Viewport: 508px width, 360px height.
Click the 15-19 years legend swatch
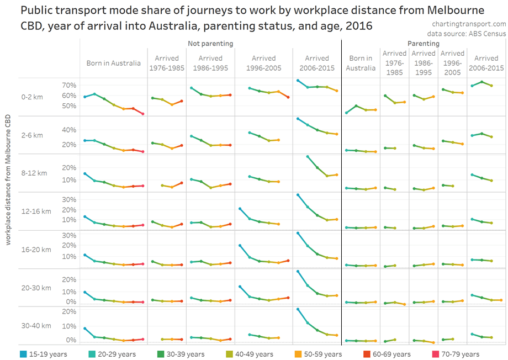(23, 354)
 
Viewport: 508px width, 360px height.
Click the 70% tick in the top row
(69, 86)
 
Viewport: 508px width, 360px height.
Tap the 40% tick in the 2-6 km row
(69, 130)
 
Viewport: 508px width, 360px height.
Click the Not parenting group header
(210, 43)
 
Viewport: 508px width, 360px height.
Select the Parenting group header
(424, 43)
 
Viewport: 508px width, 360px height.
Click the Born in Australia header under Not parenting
(113, 63)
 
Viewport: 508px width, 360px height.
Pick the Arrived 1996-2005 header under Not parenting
(263, 63)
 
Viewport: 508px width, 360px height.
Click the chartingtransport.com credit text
(469, 24)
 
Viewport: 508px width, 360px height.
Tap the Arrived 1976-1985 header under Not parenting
(167, 63)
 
